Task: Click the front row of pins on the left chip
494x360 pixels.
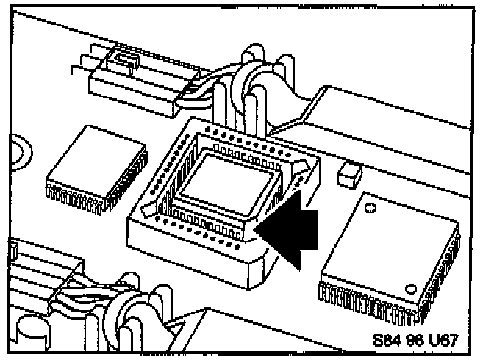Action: [77, 198]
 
